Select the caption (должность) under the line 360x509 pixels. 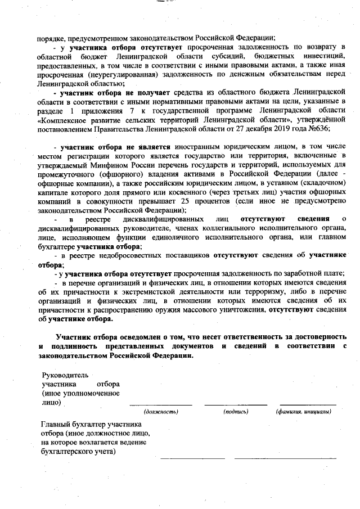(161, 412)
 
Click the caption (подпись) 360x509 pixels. (236, 412)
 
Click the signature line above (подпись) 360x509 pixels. (236, 404)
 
